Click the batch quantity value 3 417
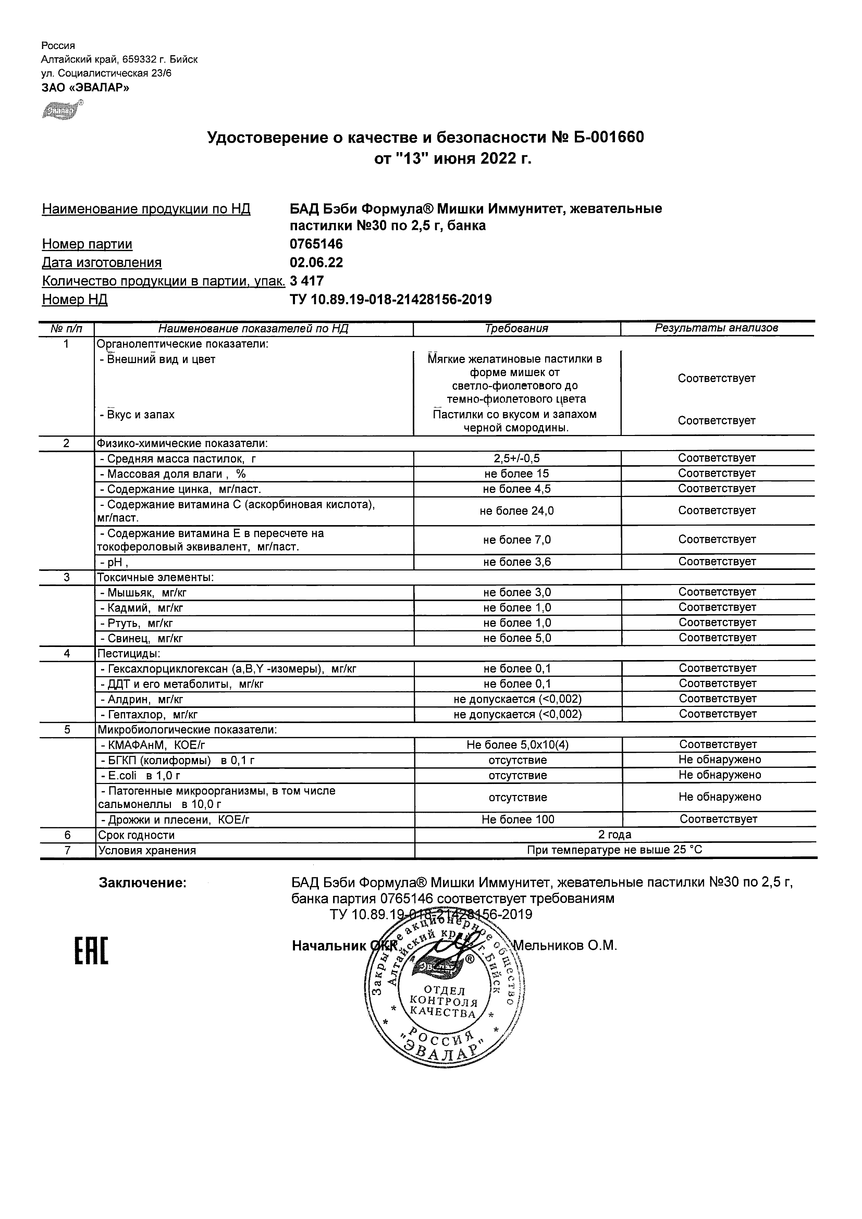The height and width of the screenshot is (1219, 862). point(307,281)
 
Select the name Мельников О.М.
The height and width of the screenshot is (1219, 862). point(565,946)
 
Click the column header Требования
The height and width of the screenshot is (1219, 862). point(516,329)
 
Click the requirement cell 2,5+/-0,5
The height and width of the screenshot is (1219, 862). point(517,458)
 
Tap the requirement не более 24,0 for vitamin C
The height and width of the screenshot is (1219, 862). point(517,511)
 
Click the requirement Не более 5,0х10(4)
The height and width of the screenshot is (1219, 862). point(518,745)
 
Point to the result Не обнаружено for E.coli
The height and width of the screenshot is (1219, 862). point(720,775)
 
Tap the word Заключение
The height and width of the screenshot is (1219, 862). point(143,883)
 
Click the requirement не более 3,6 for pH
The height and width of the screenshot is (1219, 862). point(517,562)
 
